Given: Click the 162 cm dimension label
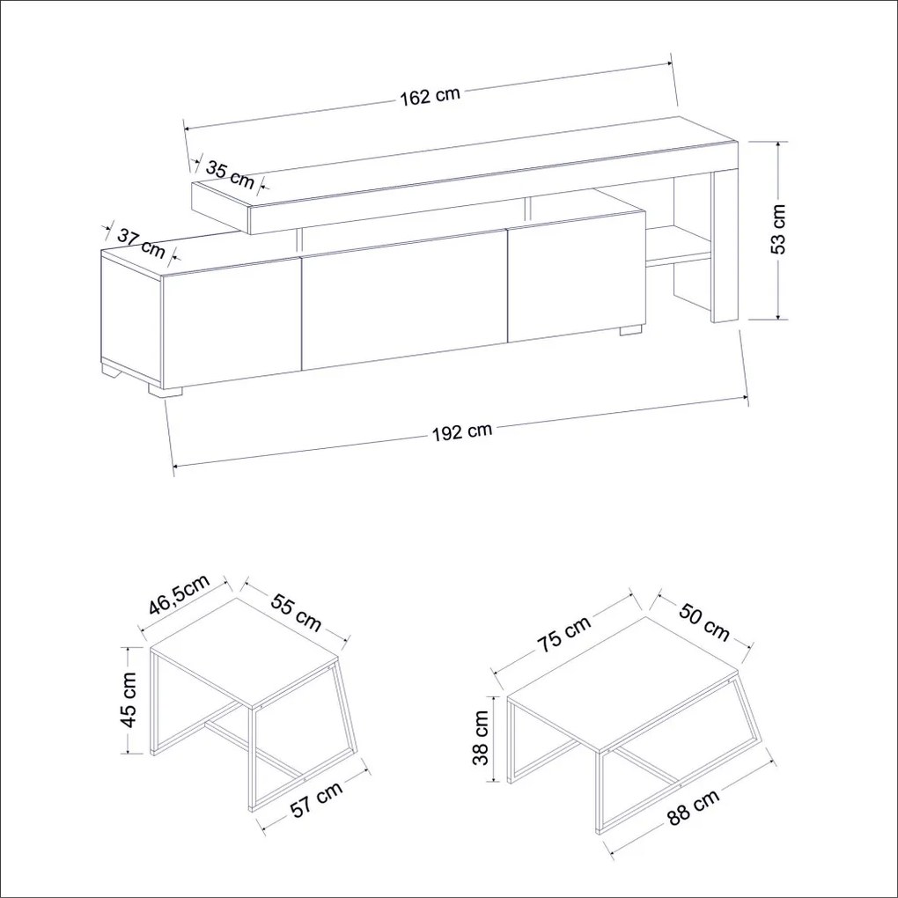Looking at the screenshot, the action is click(x=430, y=96).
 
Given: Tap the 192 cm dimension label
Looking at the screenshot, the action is click(x=461, y=431).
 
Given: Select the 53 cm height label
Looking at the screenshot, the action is click(x=778, y=229).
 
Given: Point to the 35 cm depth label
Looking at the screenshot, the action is click(x=230, y=174).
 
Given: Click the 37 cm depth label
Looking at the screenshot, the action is click(x=141, y=243).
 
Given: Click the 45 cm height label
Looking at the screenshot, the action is click(x=130, y=699).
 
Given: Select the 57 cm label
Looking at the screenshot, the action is click(x=317, y=799).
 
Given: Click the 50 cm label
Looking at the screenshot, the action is click(x=703, y=622).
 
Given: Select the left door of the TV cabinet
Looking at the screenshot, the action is click(x=232, y=324).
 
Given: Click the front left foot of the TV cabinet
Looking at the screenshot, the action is click(x=165, y=390).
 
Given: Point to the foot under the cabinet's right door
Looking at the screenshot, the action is click(x=630, y=330).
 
